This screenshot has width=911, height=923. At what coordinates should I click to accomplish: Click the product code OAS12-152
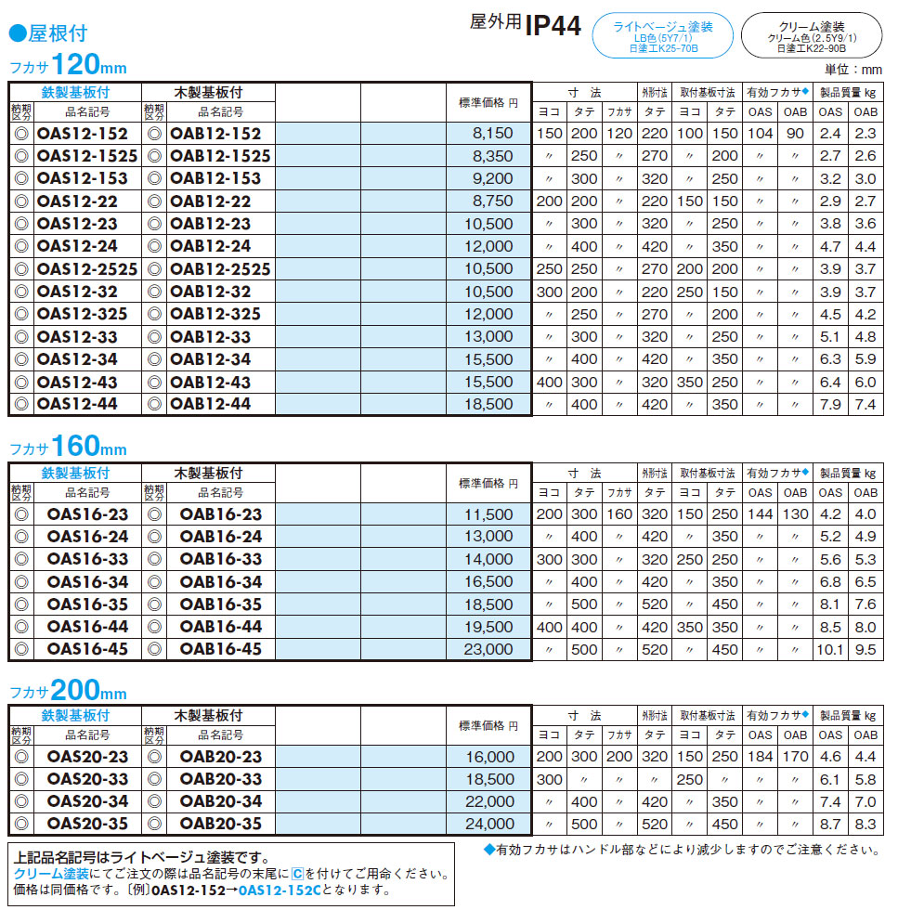pyautogui.click(x=82, y=134)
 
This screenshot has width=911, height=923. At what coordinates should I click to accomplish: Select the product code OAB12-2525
pyautogui.click(x=221, y=269)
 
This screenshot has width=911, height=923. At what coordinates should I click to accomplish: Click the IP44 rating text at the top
pyautogui.click(x=553, y=26)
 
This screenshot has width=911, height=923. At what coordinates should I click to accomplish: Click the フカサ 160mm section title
pyautogui.click(x=67, y=448)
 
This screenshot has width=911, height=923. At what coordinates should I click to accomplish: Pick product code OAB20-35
pyautogui.click(x=221, y=824)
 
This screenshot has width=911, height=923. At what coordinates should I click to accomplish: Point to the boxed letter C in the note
pyautogui.click(x=297, y=874)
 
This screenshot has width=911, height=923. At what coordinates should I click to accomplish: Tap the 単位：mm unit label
pyautogui.click(x=853, y=70)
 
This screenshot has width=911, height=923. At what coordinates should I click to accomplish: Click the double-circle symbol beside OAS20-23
pyautogui.click(x=20, y=757)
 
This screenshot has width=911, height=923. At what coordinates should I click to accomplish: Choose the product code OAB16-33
pyautogui.click(x=221, y=559)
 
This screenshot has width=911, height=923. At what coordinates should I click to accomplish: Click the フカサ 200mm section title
pyautogui.click(x=67, y=691)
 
